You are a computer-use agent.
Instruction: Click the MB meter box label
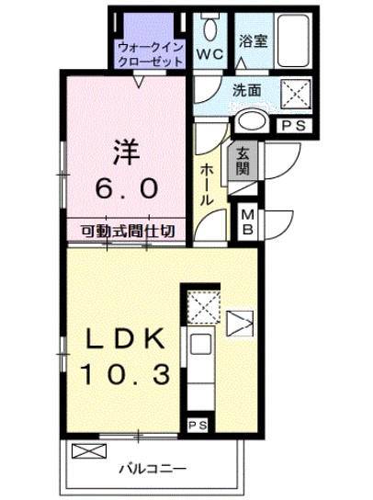pos(247,222)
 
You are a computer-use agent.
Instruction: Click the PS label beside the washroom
pos(293,125)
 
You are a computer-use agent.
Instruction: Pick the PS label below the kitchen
pos(197,425)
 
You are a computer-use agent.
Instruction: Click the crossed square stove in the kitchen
pos(201,306)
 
